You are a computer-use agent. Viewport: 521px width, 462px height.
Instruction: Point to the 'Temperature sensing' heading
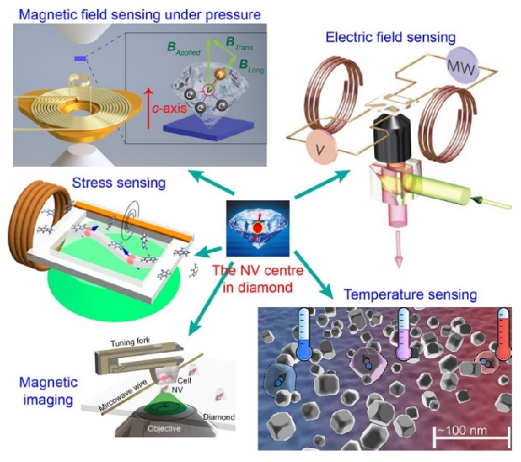411,295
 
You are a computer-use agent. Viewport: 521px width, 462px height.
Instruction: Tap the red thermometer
505,333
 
